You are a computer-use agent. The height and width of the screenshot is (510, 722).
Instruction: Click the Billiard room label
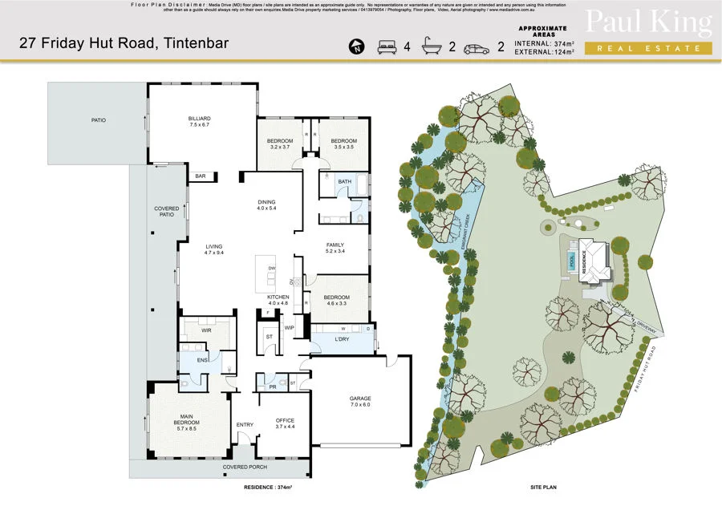pyautogui.click(x=199, y=122)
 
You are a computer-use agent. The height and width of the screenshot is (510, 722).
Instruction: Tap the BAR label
pyautogui.click(x=200, y=176)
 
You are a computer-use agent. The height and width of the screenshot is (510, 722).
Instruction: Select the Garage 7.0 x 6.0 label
pyautogui.click(x=359, y=402)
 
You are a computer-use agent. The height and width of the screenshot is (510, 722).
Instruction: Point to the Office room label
pyautogui.click(x=286, y=423)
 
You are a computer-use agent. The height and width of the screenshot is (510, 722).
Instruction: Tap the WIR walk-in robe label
pyautogui.click(x=206, y=330)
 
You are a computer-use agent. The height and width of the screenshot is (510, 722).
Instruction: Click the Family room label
pyautogui.click(x=335, y=248)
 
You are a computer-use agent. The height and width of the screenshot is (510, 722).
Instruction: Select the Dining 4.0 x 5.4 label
pyautogui.click(x=266, y=205)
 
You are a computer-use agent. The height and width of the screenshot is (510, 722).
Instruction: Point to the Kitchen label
pyautogui.click(x=278, y=300)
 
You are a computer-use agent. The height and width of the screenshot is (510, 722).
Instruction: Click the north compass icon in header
pyautogui.click(x=356, y=47)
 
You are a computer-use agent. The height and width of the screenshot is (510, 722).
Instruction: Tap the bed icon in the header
pyautogui.click(x=385, y=47)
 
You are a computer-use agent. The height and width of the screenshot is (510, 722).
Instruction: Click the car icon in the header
pyautogui.click(x=477, y=47)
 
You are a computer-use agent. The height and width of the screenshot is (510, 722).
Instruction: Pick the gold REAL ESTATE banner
pyautogui.click(x=648, y=48)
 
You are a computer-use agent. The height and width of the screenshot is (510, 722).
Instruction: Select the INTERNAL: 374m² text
pyautogui.click(x=546, y=44)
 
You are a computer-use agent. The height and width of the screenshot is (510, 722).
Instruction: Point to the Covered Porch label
pyautogui.click(x=245, y=467)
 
